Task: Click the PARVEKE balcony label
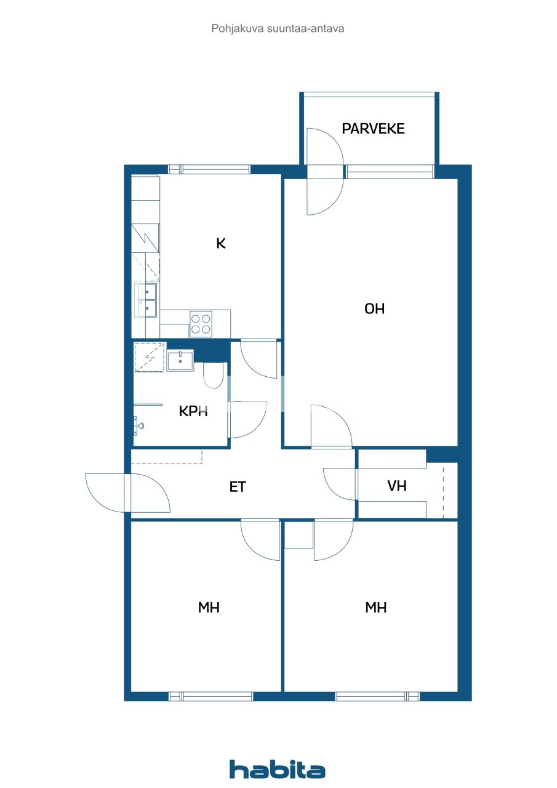coord(373,129)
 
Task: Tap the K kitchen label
coord(221,243)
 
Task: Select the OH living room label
coord(374,309)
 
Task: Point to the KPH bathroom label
coord(193,411)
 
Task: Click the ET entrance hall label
coord(238,487)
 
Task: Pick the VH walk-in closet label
coord(397,486)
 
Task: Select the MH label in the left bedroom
coord(209,608)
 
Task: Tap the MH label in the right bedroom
coord(375,608)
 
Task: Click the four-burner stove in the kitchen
coord(201,324)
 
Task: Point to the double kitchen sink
coord(146,299)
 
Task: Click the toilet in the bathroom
coord(213,376)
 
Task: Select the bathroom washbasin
coord(180,360)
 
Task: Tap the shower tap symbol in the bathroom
coord(138,424)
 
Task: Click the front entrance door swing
coord(127,492)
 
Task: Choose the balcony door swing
coord(324,172)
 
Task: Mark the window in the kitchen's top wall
coord(209,169)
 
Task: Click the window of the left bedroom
coord(210,696)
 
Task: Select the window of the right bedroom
coord(377,696)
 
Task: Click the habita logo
coord(278,769)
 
